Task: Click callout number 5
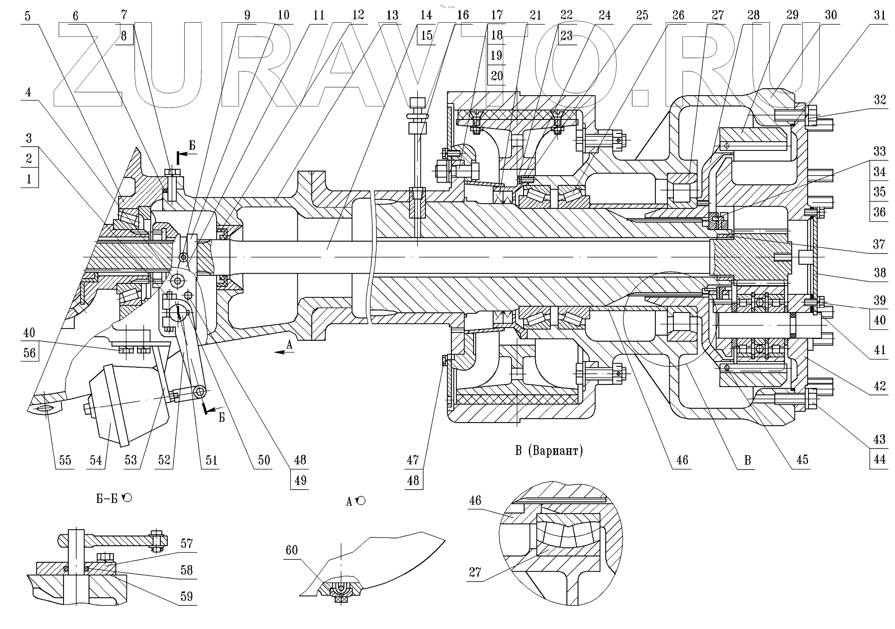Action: click(x=28, y=16)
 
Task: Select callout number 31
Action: click(x=879, y=15)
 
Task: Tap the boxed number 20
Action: click(x=497, y=76)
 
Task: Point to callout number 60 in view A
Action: click(x=292, y=550)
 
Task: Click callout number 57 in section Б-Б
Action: click(x=187, y=544)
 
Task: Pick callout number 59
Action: click(x=187, y=596)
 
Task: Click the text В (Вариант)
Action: click(x=549, y=451)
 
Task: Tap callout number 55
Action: click(x=65, y=460)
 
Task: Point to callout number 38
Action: click(x=880, y=272)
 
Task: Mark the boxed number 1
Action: click(x=29, y=179)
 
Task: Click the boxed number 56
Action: click(x=29, y=353)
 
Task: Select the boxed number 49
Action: click(x=300, y=481)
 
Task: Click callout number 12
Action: click(x=358, y=15)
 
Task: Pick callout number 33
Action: click(x=879, y=151)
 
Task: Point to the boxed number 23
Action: click(x=567, y=36)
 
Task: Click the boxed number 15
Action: click(x=427, y=35)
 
